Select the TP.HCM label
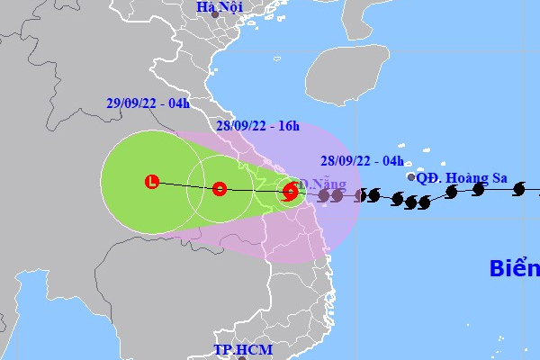240,349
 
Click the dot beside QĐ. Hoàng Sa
411,177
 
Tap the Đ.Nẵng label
322,184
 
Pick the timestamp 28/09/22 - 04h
358,162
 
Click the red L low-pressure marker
152,183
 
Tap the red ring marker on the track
220,189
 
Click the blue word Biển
514,268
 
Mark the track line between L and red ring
185,186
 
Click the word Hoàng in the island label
468,178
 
